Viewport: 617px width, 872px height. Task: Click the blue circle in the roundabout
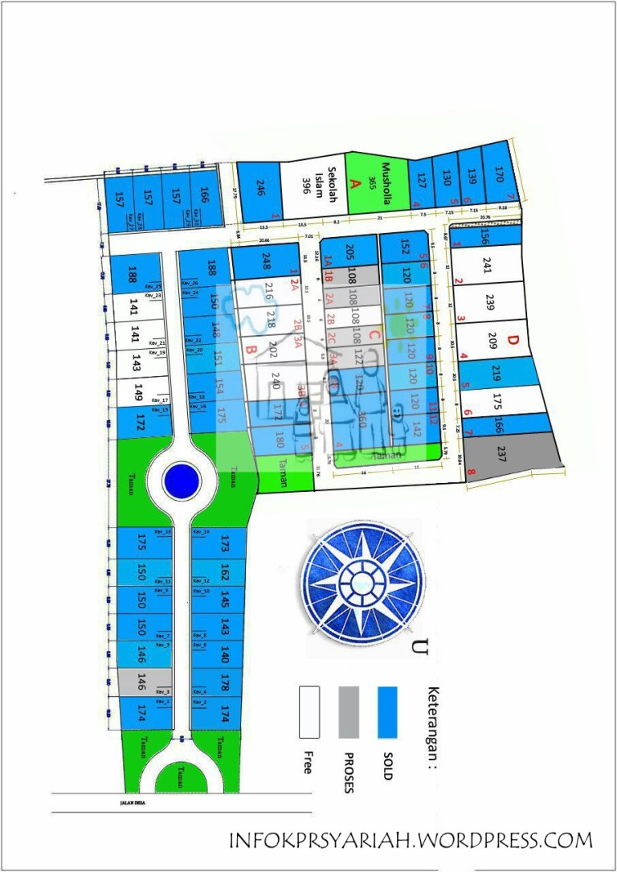point(181,481)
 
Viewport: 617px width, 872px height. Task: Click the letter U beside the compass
point(419,646)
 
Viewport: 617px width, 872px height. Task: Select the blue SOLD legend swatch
point(388,712)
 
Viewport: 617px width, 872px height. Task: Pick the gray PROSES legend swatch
point(349,712)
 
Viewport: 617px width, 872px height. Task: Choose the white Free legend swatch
point(309,712)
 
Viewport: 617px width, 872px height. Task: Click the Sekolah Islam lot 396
point(313,190)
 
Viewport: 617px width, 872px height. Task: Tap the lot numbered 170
point(499,174)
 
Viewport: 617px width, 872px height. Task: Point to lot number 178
point(225,683)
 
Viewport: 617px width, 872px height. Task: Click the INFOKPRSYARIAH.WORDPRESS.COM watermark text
point(411,841)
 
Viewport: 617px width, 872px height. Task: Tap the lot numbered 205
point(349,251)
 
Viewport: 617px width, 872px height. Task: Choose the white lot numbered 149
point(138,392)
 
